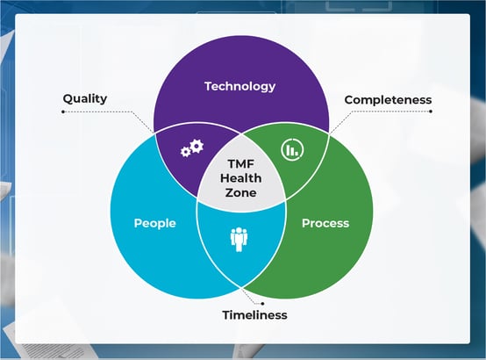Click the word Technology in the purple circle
pos(239,87)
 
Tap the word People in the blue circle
pos(155,223)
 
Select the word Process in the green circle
pos(325,223)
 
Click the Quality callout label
pos(85,99)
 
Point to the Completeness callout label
pos(388,100)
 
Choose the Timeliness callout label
pos(254,315)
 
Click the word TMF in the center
pos(241,163)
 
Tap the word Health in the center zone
pos(241,178)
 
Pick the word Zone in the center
pos(241,192)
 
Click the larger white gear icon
pos(197,146)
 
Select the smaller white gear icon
pos(185,152)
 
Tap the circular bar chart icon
pos(292,149)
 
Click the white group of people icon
pos(239,240)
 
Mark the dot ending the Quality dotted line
pos(63,112)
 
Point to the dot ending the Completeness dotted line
pos(431,112)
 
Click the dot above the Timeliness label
pos(262,304)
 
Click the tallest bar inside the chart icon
pos(289,150)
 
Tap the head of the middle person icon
pos(239,231)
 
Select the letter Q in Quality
pos(68,99)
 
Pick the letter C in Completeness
pos(349,100)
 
